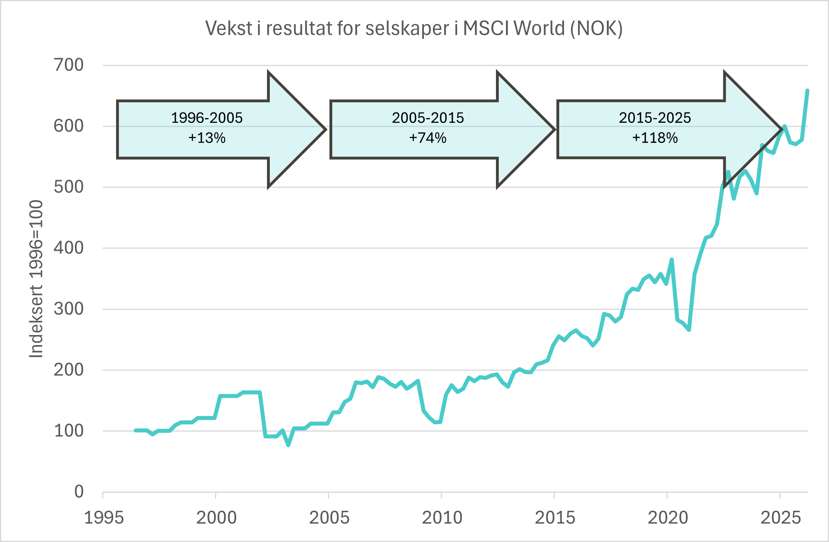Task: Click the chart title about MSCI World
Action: [414, 28]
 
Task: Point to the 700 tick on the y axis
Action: [69, 65]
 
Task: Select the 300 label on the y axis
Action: [69, 309]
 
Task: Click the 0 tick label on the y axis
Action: [79, 492]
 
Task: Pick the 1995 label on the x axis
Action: [104, 518]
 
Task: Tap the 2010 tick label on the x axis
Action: [442, 518]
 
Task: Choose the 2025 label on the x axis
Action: [780, 518]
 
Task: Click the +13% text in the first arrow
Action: [207, 138]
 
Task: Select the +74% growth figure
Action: [428, 138]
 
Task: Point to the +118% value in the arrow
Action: [655, 138]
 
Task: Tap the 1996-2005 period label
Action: [207, 118]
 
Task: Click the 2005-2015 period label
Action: [428, 118]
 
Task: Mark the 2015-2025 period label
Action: [655, 118]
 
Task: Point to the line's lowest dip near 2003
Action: [289, 445]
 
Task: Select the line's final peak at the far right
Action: [807, 91]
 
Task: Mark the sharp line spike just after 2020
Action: [672, 260]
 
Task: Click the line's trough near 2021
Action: [689, 329]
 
